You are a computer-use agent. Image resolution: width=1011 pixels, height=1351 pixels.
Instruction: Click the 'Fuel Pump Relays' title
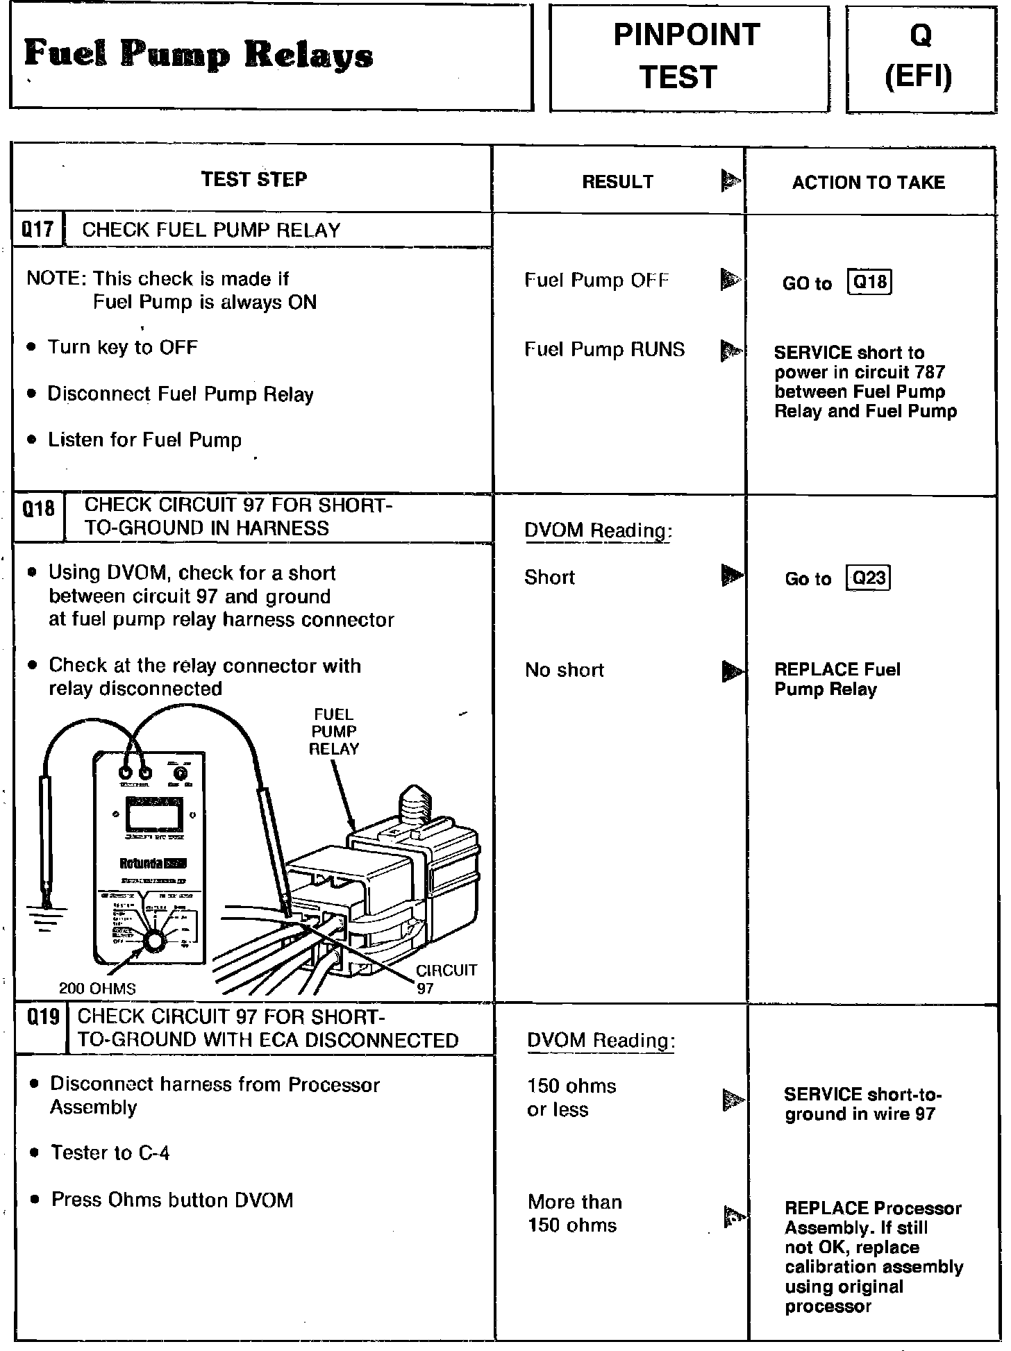(x=199, y=55)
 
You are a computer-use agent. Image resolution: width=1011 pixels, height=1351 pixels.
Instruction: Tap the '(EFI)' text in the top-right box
(x=918, y=77)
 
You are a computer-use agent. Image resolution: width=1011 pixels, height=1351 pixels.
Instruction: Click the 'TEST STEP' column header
(x=254, y=179)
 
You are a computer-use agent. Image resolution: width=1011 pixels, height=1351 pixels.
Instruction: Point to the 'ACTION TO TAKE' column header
(x=868, y=183)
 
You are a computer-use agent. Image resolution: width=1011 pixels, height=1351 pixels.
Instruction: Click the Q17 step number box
(x=37, y=230)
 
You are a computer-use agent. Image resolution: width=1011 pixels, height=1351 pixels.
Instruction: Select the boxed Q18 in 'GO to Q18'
(x=869, y=282)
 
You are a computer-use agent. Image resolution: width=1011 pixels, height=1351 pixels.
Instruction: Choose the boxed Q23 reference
(x=869, y=578)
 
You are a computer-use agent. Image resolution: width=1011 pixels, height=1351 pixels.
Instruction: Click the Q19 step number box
(x=42, y=1018)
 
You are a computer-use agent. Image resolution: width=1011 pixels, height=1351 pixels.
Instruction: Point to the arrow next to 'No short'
(x=732, y=671)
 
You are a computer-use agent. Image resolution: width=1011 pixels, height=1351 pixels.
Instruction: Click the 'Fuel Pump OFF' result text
(x=596, y=280)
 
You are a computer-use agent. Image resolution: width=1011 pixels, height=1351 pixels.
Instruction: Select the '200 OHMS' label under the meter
(x=97, y=988)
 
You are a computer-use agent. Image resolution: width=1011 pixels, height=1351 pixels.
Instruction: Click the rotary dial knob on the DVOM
(x=153, y=941)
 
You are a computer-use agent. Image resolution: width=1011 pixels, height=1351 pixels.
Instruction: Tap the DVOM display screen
(x=153, y=812)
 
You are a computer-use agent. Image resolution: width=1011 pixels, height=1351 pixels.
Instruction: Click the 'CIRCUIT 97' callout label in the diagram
(x=445, y=978)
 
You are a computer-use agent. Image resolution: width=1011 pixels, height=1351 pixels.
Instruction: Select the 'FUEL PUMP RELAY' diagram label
(x=334, y=732)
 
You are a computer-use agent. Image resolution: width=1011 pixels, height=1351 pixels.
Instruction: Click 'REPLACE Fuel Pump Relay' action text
(x=837, y=680)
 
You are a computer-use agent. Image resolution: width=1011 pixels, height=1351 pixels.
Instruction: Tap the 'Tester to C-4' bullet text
(x=110, y=1153)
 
